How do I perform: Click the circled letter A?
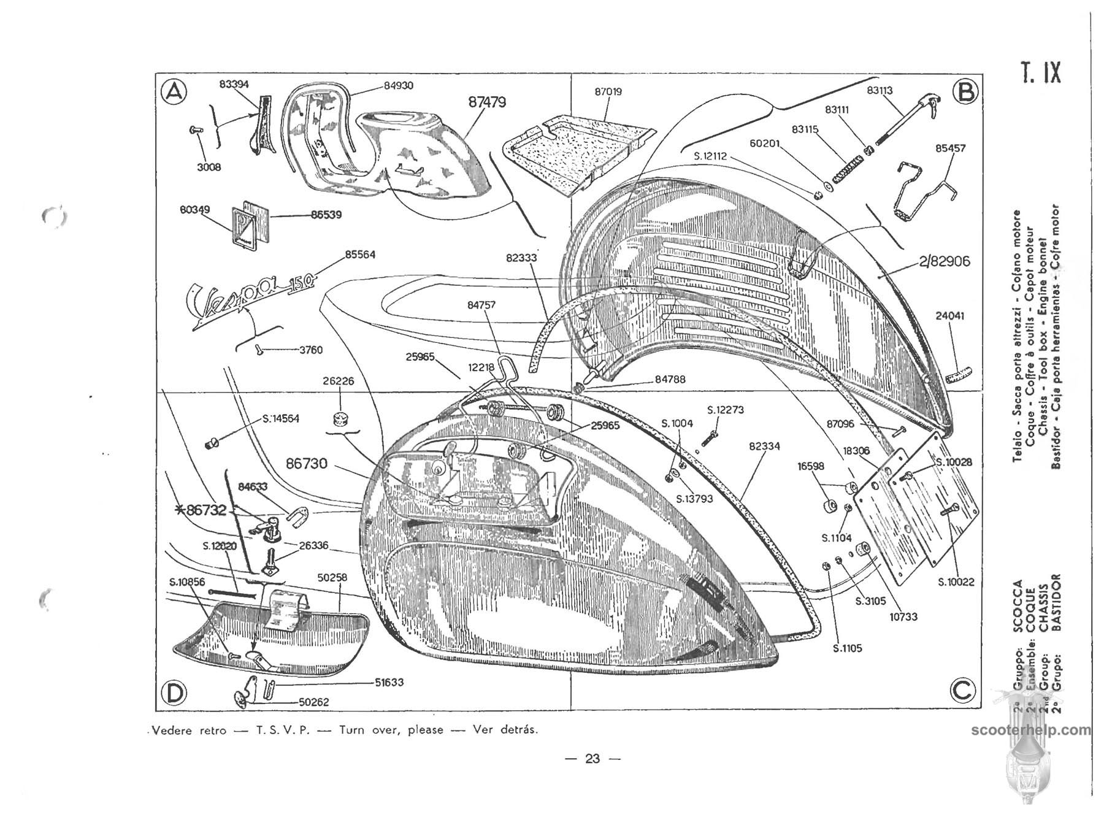click(174, 91)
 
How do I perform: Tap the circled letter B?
click(965, 91)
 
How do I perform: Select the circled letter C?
click(962, 691)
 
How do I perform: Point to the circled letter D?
click(174, 692)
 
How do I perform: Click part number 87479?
click(487, 102)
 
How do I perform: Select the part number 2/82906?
click(945, 261)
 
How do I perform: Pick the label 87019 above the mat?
click(608, 92)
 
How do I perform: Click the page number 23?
click(592, 759)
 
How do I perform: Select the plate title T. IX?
click(1040, 73)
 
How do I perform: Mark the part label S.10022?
click(956, 582)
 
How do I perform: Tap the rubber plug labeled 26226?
click(337, 420)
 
